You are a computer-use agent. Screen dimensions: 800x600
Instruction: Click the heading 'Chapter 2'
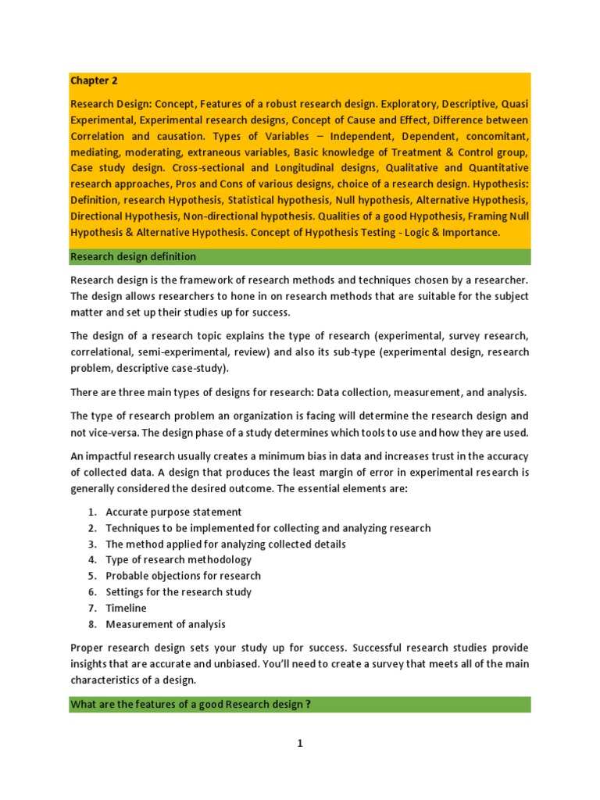[x=95, y=80]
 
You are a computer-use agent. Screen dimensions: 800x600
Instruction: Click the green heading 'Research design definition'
[x=133, y=256]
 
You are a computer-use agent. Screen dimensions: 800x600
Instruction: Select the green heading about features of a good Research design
[x=191, y=705]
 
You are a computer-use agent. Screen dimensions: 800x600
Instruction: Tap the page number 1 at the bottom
[x=299, y=744]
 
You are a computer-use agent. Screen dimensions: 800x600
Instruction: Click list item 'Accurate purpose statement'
[x=173, y=512]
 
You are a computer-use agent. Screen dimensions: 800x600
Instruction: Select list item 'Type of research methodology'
[x=178, y=559]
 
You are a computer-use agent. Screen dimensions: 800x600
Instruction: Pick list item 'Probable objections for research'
[x=183, y=576]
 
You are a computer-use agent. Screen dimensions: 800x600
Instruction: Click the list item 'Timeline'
[x=126, y=608]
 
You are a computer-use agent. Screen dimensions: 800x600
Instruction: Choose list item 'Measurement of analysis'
[x=165, y=624]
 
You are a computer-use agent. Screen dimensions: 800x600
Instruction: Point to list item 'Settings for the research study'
[x=178, y=591]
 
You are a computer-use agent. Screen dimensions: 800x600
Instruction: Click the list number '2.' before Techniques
[x=91, y=528]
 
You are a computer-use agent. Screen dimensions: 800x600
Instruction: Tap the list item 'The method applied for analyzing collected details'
[x=225, y=544]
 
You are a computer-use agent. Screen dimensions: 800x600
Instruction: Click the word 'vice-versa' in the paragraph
[x=115, y=433]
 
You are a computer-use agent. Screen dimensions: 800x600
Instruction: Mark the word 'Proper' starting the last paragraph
[x=87, y=648]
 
